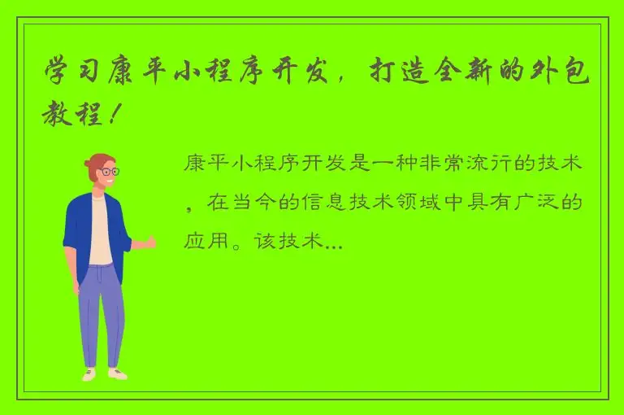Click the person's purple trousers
(102, 313)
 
